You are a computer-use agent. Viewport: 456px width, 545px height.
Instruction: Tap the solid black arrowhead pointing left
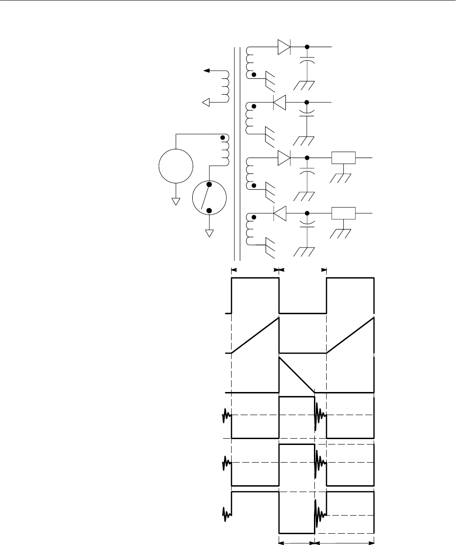click(207, 71)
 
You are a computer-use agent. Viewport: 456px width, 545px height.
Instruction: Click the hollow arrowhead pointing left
click(206, 103)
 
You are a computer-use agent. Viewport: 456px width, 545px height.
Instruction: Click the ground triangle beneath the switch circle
click(209, 233)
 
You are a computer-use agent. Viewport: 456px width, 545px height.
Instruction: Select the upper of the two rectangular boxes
click(343, 158)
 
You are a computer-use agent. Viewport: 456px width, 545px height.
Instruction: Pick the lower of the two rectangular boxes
click(343, 212)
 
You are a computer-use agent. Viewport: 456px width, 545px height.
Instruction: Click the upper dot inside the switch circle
click(209, 185)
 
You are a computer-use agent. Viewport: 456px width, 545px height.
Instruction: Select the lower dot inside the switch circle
click(209, 210)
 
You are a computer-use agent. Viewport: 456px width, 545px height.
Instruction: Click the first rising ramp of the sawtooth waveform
click(256, 336)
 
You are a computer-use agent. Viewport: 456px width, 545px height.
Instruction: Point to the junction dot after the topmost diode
click(307, 47)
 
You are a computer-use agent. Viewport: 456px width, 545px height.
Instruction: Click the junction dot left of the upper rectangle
click(307, 158)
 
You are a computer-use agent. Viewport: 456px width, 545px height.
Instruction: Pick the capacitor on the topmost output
click(307, 62)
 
